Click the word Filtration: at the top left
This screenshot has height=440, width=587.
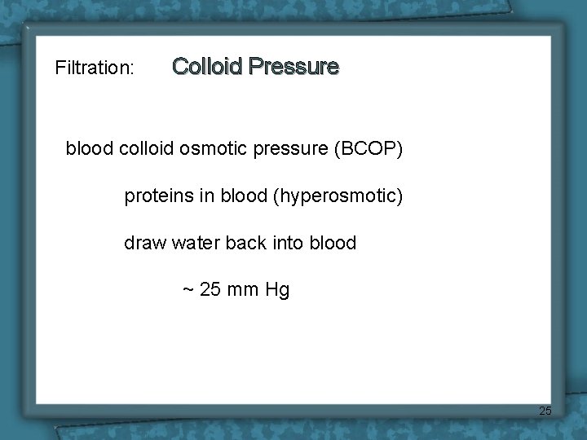(x=95, y=68)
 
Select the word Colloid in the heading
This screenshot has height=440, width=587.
(x=208, y=66)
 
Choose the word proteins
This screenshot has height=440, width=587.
(x=156, y=196)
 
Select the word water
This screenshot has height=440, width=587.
(x=196, y=243)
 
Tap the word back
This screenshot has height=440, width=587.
(x=248, y=243)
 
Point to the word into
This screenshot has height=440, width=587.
(x=290, y=243)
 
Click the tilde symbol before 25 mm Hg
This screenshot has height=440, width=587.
(x=188, y=290)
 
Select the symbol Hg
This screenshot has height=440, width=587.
(x=277, y=290)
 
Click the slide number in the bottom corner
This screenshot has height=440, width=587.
(x=545, y=411)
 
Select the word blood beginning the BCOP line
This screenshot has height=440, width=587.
(x=90, y=150)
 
